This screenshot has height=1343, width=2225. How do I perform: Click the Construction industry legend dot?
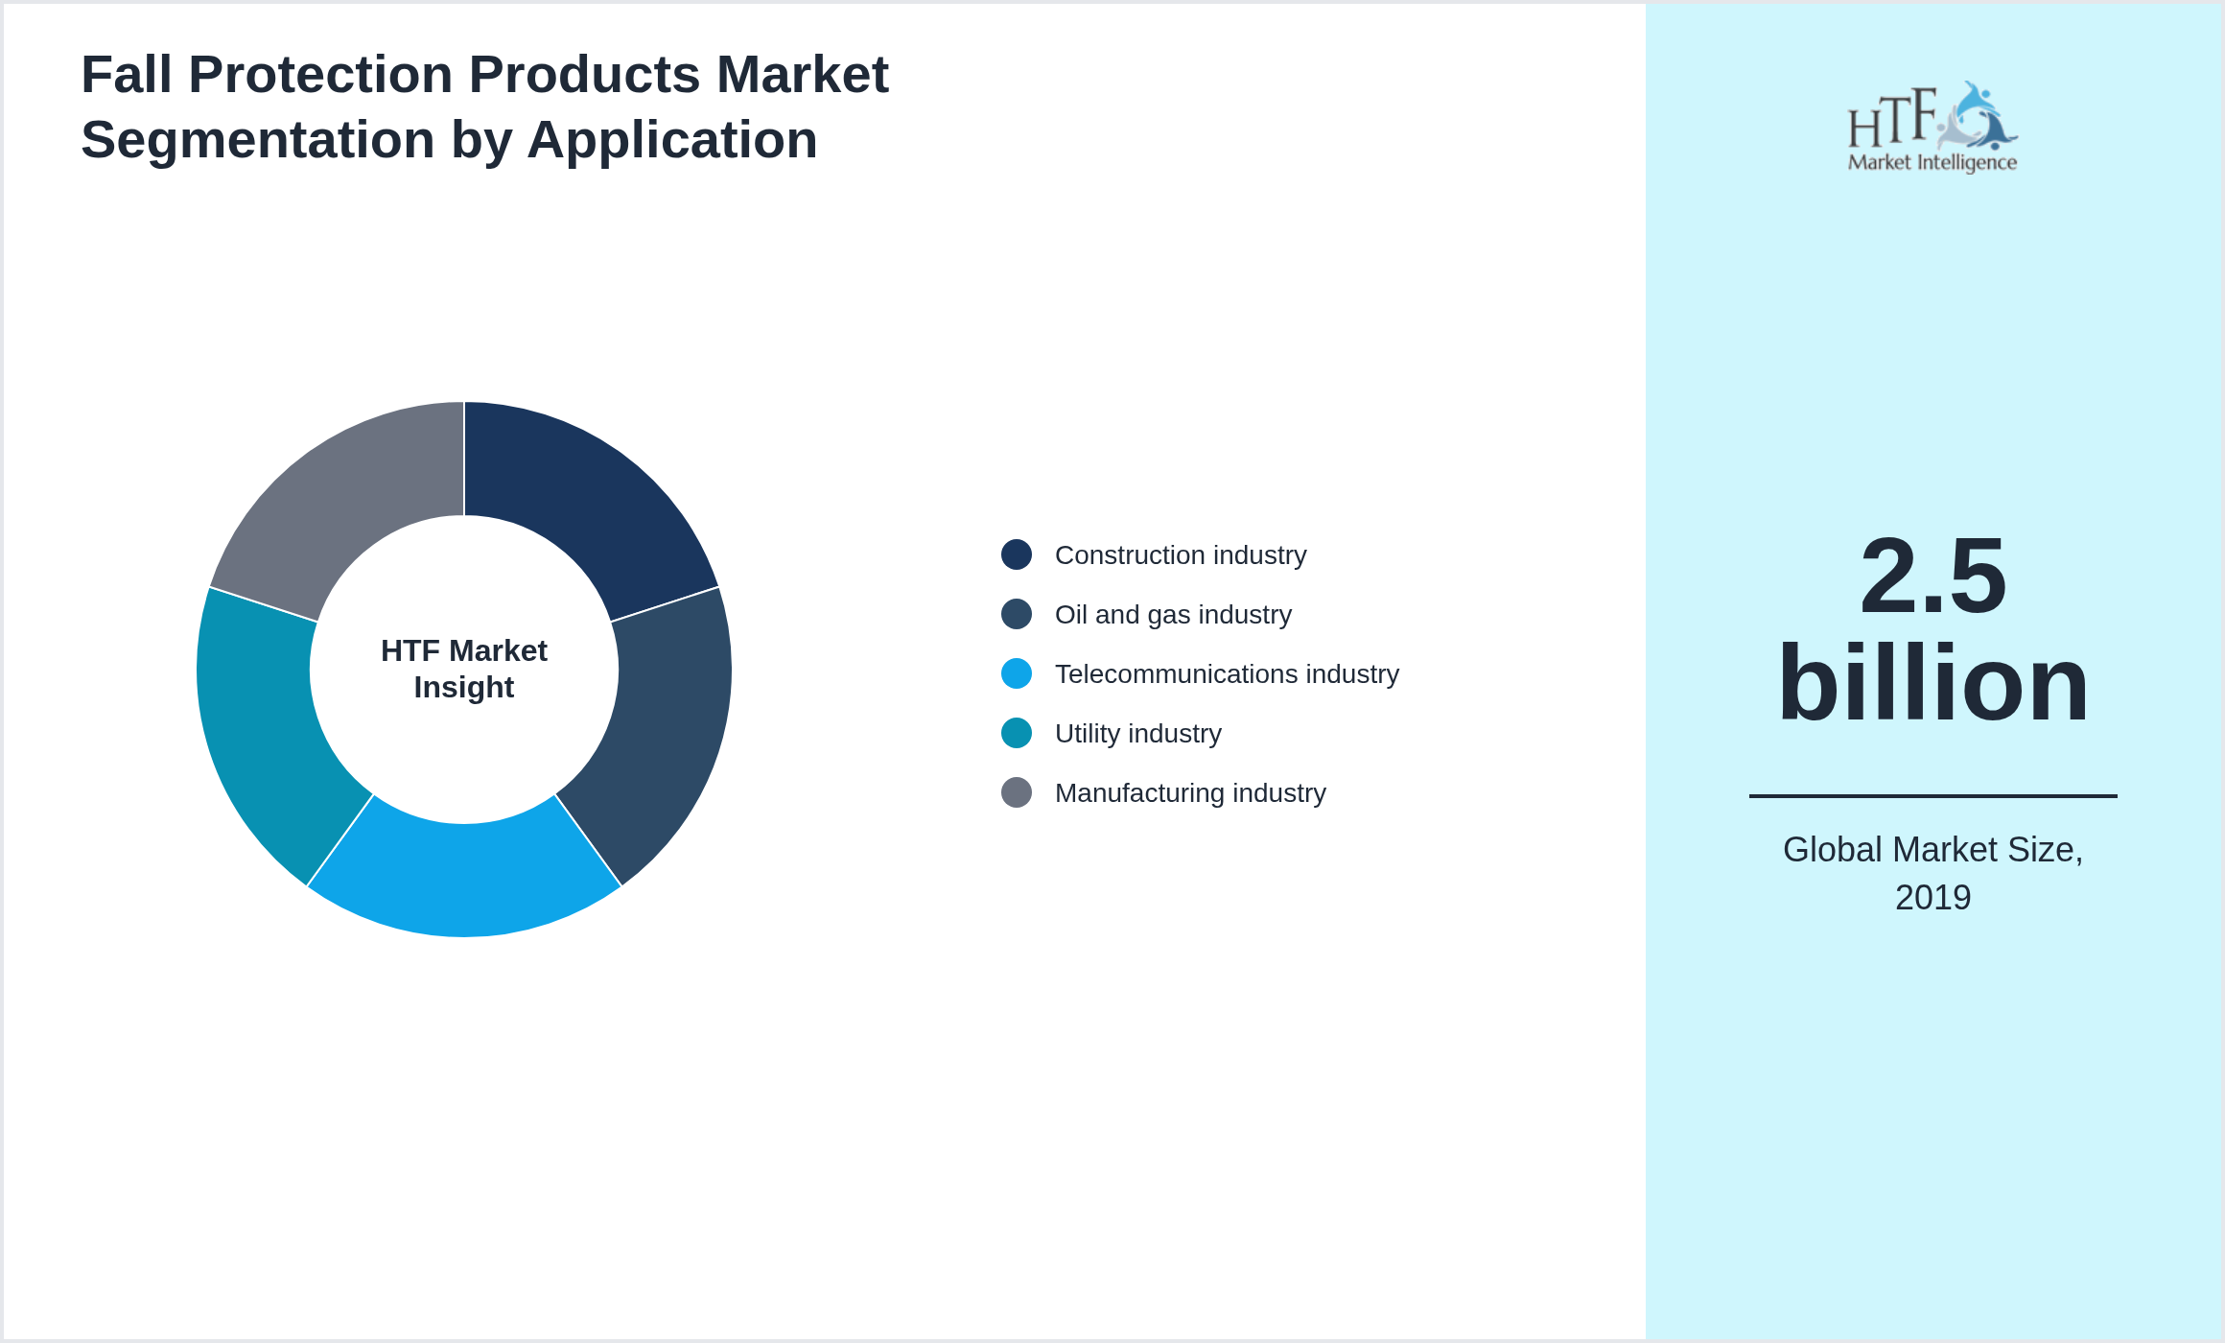(x=1017, y=554)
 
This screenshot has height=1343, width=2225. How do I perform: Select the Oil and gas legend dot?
(x=1017, y=614)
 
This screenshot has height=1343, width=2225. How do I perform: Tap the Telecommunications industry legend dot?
(x=1017, y=673)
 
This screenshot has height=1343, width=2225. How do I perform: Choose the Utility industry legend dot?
(x=1017, y=733)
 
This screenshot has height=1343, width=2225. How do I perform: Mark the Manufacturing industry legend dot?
(x=1017, y=792)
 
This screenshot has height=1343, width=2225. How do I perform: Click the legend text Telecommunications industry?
(x=1227, y=674)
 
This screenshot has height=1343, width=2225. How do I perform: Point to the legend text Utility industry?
(x=1137, y=734)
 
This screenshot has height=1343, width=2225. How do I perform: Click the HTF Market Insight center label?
(x=464, y=669)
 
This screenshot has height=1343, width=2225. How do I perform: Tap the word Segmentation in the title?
(x=257, y=140)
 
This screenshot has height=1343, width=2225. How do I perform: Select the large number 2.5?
(x=1932, y=576)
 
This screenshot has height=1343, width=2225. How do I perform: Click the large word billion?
(x=1932, y=683)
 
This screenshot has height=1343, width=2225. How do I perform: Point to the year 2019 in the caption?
(x=1932, y=898)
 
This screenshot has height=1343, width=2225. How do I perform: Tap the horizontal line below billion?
(x=1932, y=795)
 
